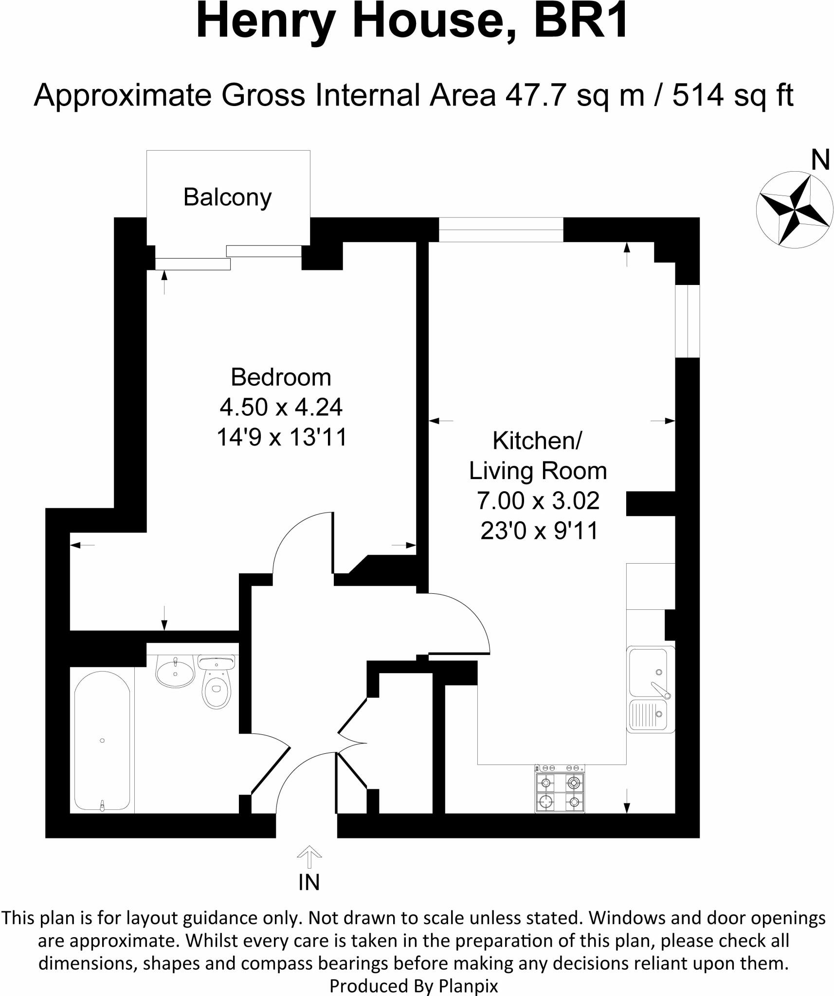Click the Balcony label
pos(227,197)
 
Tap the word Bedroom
pos(281,377)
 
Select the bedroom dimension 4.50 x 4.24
pos(281,407)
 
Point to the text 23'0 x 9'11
pos(539,531)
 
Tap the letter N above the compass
pos(820,160)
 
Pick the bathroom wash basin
pos(175,672)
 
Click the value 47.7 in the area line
pos(535,95)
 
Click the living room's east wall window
pos(688,321)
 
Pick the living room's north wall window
pos(501,230)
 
